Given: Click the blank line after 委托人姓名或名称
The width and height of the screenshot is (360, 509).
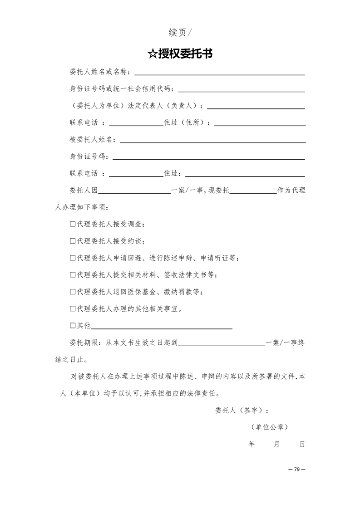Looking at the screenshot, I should pyautogui.click(x=219, y=74).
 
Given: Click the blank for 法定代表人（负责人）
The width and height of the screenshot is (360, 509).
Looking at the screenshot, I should pyautogui.click(x=256, y=108).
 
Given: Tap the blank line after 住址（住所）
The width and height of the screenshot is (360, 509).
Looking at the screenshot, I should pyautogui.click(x=260, y=125).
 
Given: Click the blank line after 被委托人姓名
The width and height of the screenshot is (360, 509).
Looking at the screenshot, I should pyautogui.click(x=212, y=142).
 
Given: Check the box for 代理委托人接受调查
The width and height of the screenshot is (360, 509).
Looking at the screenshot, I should pyautogui.click(x=73, y=224).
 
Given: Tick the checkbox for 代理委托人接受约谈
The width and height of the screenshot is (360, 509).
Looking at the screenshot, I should pyautogui.click(x=73, y=241).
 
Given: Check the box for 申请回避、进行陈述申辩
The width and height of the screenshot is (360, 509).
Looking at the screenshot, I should pyautogui.click(x=73, y=258).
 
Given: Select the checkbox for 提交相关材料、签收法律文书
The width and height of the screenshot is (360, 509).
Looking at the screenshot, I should pyautogui.click(x=73, y=275).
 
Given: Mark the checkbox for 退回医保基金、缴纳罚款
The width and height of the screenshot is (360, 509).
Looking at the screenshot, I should pyautogui.click(x=73, y=292).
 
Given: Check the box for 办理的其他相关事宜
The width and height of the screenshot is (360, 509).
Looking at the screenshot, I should pyautogui.click(x=73, y=309).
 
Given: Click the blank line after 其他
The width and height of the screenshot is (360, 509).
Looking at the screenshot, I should pyautogui.click(x=162, y=328).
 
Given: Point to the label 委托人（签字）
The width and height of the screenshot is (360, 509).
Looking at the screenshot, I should pyautogui.click(x=242, y=411).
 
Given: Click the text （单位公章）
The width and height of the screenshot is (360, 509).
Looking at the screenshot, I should pyautogui.click(x=269, y=427).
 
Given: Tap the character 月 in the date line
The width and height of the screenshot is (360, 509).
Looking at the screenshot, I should pyautogui.click(x=276, y=444).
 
